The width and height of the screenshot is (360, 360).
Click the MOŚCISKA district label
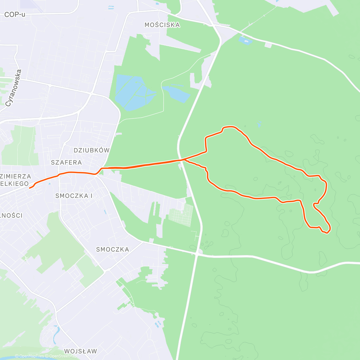[162, 25]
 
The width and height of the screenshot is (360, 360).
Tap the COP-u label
[15, 14]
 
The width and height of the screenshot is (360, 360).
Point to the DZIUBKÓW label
[91, 150]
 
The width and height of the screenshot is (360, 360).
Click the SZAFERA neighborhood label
[66, 163]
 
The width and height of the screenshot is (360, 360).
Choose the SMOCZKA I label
[74, 196]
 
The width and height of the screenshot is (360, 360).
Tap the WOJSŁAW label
[80, 351]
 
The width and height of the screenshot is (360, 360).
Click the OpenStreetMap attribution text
[63, 356]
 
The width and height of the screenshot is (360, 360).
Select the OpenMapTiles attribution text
[31, 356]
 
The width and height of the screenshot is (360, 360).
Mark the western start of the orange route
[30, 188]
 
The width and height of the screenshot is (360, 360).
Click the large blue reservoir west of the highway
[133, 91]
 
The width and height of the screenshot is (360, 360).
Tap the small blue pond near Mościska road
[245, 40]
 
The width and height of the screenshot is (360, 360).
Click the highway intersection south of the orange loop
[197, 254]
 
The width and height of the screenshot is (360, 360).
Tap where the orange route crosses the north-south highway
[181, 160]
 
